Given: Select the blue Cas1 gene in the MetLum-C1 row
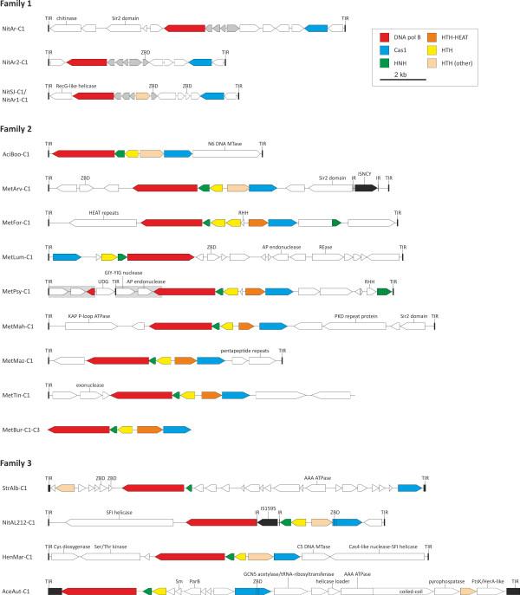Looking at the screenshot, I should coord(66,257).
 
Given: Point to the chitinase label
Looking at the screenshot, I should coord(66,17).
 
